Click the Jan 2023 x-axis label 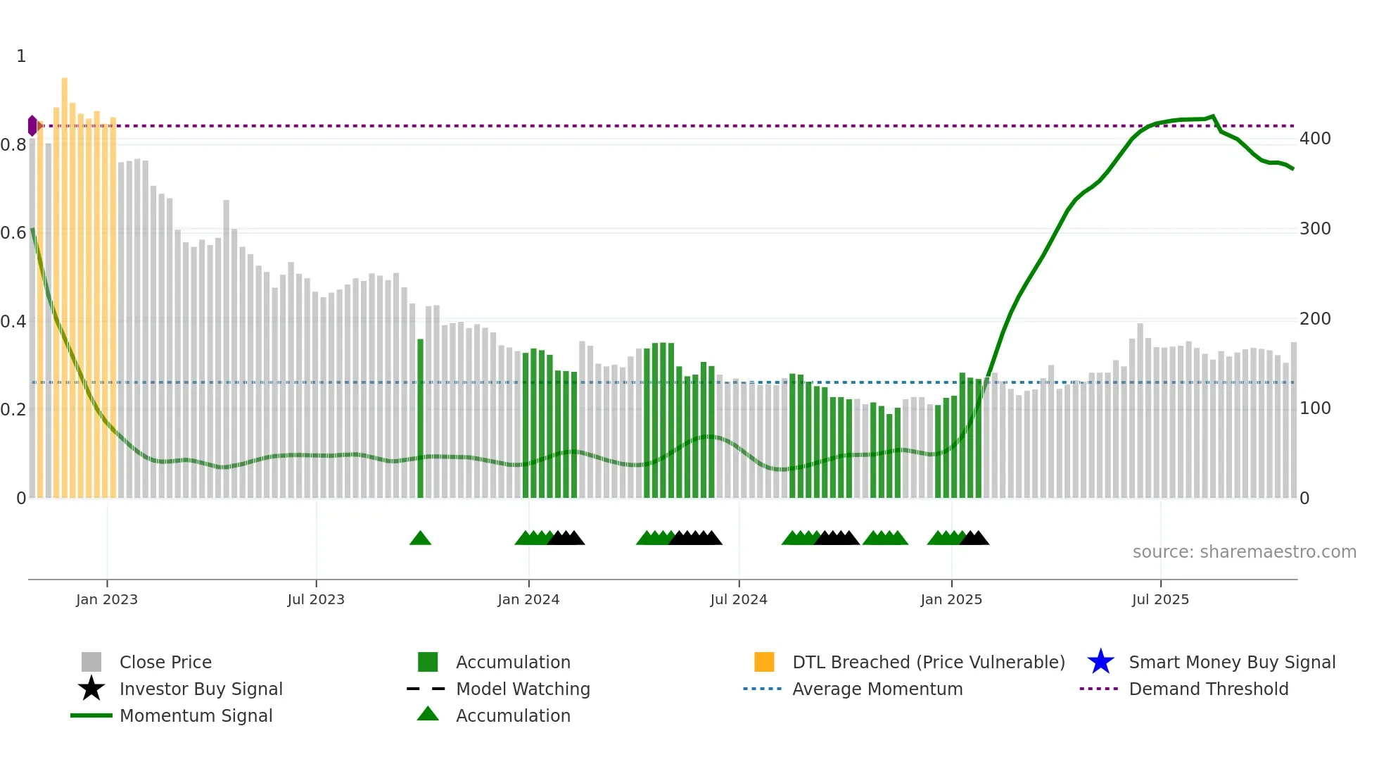107,599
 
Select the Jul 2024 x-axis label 739,599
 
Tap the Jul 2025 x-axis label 1160,599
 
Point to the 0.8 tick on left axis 13,145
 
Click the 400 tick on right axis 1315,139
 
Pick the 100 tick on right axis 1315,408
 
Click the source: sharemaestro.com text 1244,552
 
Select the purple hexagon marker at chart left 32,126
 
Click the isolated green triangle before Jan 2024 420,539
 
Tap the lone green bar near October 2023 421,418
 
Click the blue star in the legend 1100,662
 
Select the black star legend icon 91,689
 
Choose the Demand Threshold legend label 1208,689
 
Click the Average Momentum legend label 877,689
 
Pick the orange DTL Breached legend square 764,662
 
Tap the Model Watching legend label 523,689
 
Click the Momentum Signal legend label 196,715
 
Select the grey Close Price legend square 91,662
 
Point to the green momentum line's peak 1212,116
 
